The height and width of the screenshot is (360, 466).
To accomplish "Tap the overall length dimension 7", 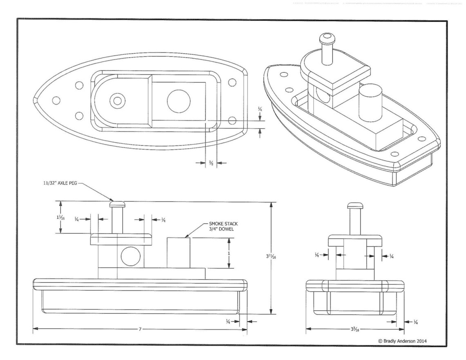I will click(x=140, y=329).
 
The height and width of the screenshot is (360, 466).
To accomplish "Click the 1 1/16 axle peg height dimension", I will click(x=61, y=218).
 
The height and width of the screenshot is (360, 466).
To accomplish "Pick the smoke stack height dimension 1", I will click(x=229, y=253).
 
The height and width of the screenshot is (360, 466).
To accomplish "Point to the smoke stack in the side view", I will click(x=178, y=253).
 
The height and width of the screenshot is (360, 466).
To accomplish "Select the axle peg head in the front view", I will click(x=354, y=205).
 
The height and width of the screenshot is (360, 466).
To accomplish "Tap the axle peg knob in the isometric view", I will click(x=325, y=39).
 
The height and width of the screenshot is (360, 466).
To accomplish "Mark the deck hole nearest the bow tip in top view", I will click(x=56, y=100).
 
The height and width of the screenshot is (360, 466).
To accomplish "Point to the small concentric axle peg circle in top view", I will click(x=118, y=100).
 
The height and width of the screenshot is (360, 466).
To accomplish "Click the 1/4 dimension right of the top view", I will click(x=260, y=110).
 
